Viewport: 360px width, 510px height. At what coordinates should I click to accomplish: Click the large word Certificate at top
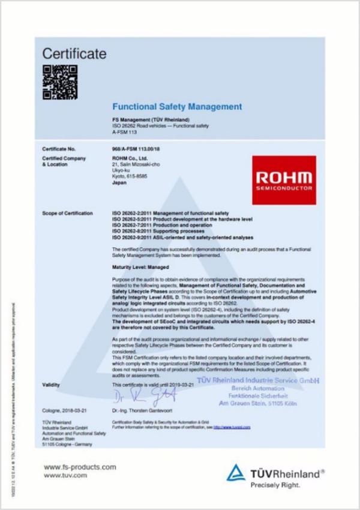74,54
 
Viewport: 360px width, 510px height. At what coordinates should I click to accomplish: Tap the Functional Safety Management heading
177,107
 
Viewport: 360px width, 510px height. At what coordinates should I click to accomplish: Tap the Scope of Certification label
68,214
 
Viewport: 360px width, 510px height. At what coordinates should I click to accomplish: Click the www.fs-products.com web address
80,467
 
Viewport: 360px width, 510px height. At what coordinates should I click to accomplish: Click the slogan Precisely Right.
274,486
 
